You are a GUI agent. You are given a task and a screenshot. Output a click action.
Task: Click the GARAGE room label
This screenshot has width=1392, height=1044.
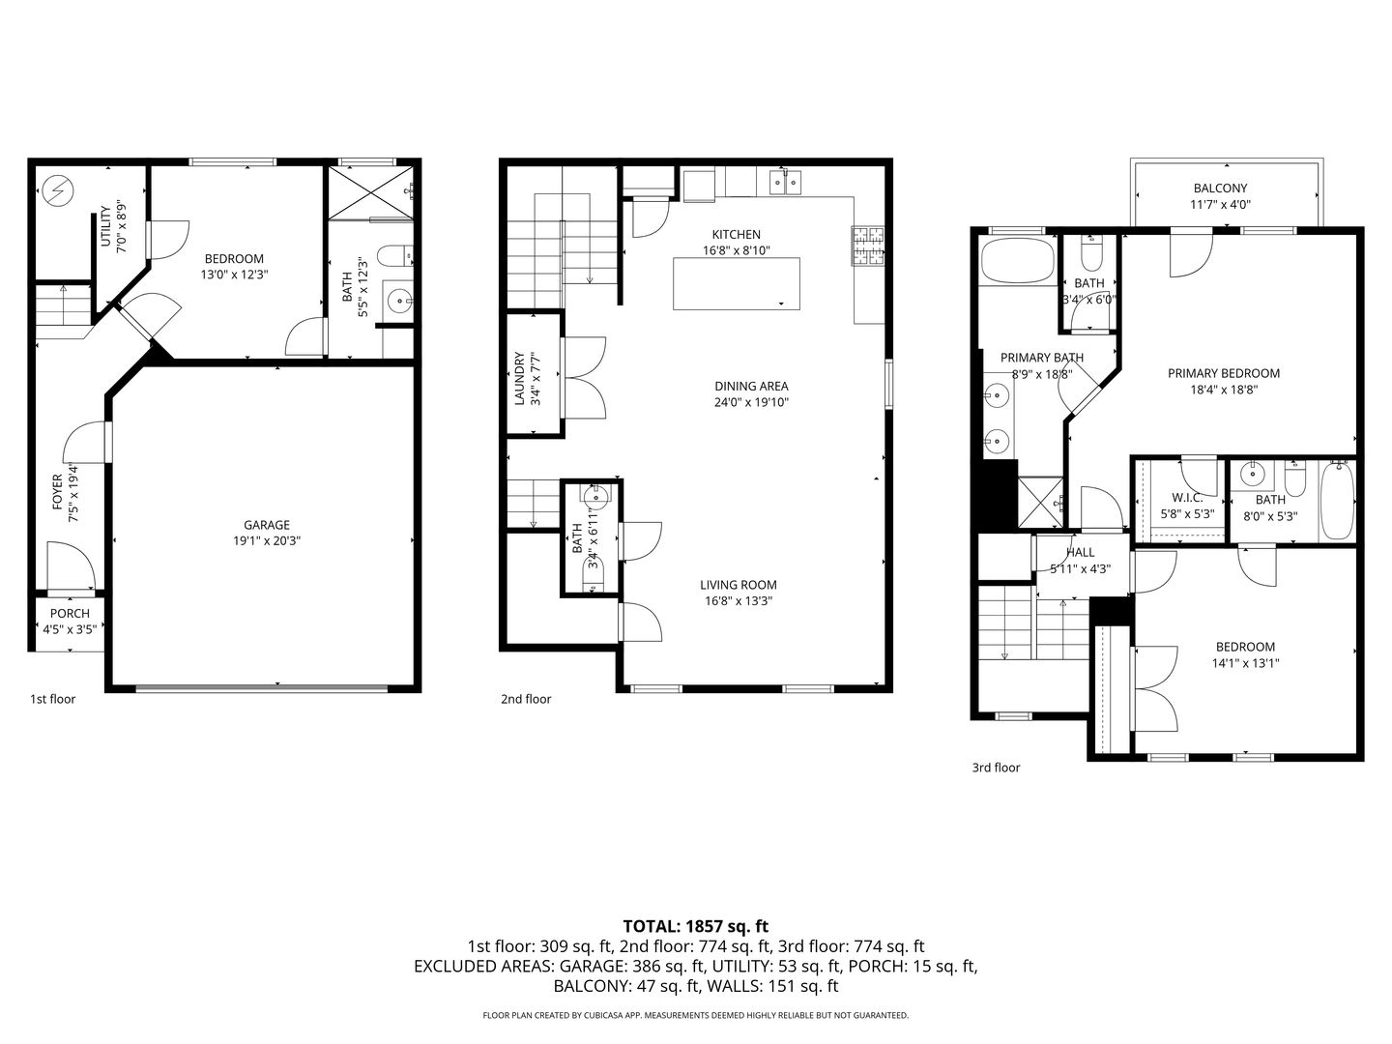pyautogui.click(x=267, y=525)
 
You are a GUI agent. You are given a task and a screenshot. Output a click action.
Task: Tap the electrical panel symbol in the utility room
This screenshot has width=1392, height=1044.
pyautogui.click(x=59, y=189)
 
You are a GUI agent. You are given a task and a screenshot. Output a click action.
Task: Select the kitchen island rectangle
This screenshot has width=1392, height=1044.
pyautogui.click(x=736, y=283)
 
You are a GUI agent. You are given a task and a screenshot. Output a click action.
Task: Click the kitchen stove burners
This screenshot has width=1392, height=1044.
pyautogui.click(x=868, y=246)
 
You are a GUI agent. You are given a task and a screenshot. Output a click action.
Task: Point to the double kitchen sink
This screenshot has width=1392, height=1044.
pyautogui.click(x=786, y=182)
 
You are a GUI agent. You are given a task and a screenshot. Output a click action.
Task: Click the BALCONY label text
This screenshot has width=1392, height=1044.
pyautogui.click(x=1220, y=188)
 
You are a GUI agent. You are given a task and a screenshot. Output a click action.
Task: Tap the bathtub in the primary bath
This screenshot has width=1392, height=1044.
pyautogui.click(x=1017, y=261)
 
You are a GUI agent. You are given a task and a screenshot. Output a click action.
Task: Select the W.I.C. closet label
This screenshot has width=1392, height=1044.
pyautogui.click(x=1187, y=498)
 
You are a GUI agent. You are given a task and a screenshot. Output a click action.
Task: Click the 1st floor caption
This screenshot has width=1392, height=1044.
pyautogui.click(x=52, y=699)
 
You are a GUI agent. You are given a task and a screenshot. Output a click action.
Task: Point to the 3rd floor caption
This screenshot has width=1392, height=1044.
pyautogui.click(x=996, y=767)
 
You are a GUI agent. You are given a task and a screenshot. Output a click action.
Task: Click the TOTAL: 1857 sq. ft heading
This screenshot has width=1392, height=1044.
pyautogui.click(x=696, y=926)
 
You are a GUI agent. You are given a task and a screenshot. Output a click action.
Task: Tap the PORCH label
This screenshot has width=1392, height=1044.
pyautogui.click(x=70, y=614)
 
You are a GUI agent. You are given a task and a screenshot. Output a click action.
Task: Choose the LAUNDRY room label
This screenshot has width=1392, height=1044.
pyautogui.click(x=519, y=378)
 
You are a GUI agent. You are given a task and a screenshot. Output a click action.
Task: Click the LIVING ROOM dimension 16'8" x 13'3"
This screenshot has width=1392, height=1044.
pyautogui.click(x=739, y=601)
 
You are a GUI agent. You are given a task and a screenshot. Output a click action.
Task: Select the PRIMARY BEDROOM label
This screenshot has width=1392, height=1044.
pyautogui.click(x=1223, y=373)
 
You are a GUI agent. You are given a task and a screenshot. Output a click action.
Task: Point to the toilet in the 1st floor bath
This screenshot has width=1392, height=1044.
pyautogui.click(x=394, y=257)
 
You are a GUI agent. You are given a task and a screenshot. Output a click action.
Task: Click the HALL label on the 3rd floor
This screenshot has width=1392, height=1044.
pyautogui.click(x=1080, y=553)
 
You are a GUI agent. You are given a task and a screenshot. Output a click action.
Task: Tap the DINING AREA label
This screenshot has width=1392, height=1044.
pyautogui.click(x=751, y=386)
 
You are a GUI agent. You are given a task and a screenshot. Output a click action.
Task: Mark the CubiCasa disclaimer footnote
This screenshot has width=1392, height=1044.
pyautogui.click(x=696, y=1015)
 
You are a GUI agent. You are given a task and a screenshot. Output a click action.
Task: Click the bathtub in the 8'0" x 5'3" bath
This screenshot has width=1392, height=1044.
pyautogui.click(x=1337, y=500)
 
